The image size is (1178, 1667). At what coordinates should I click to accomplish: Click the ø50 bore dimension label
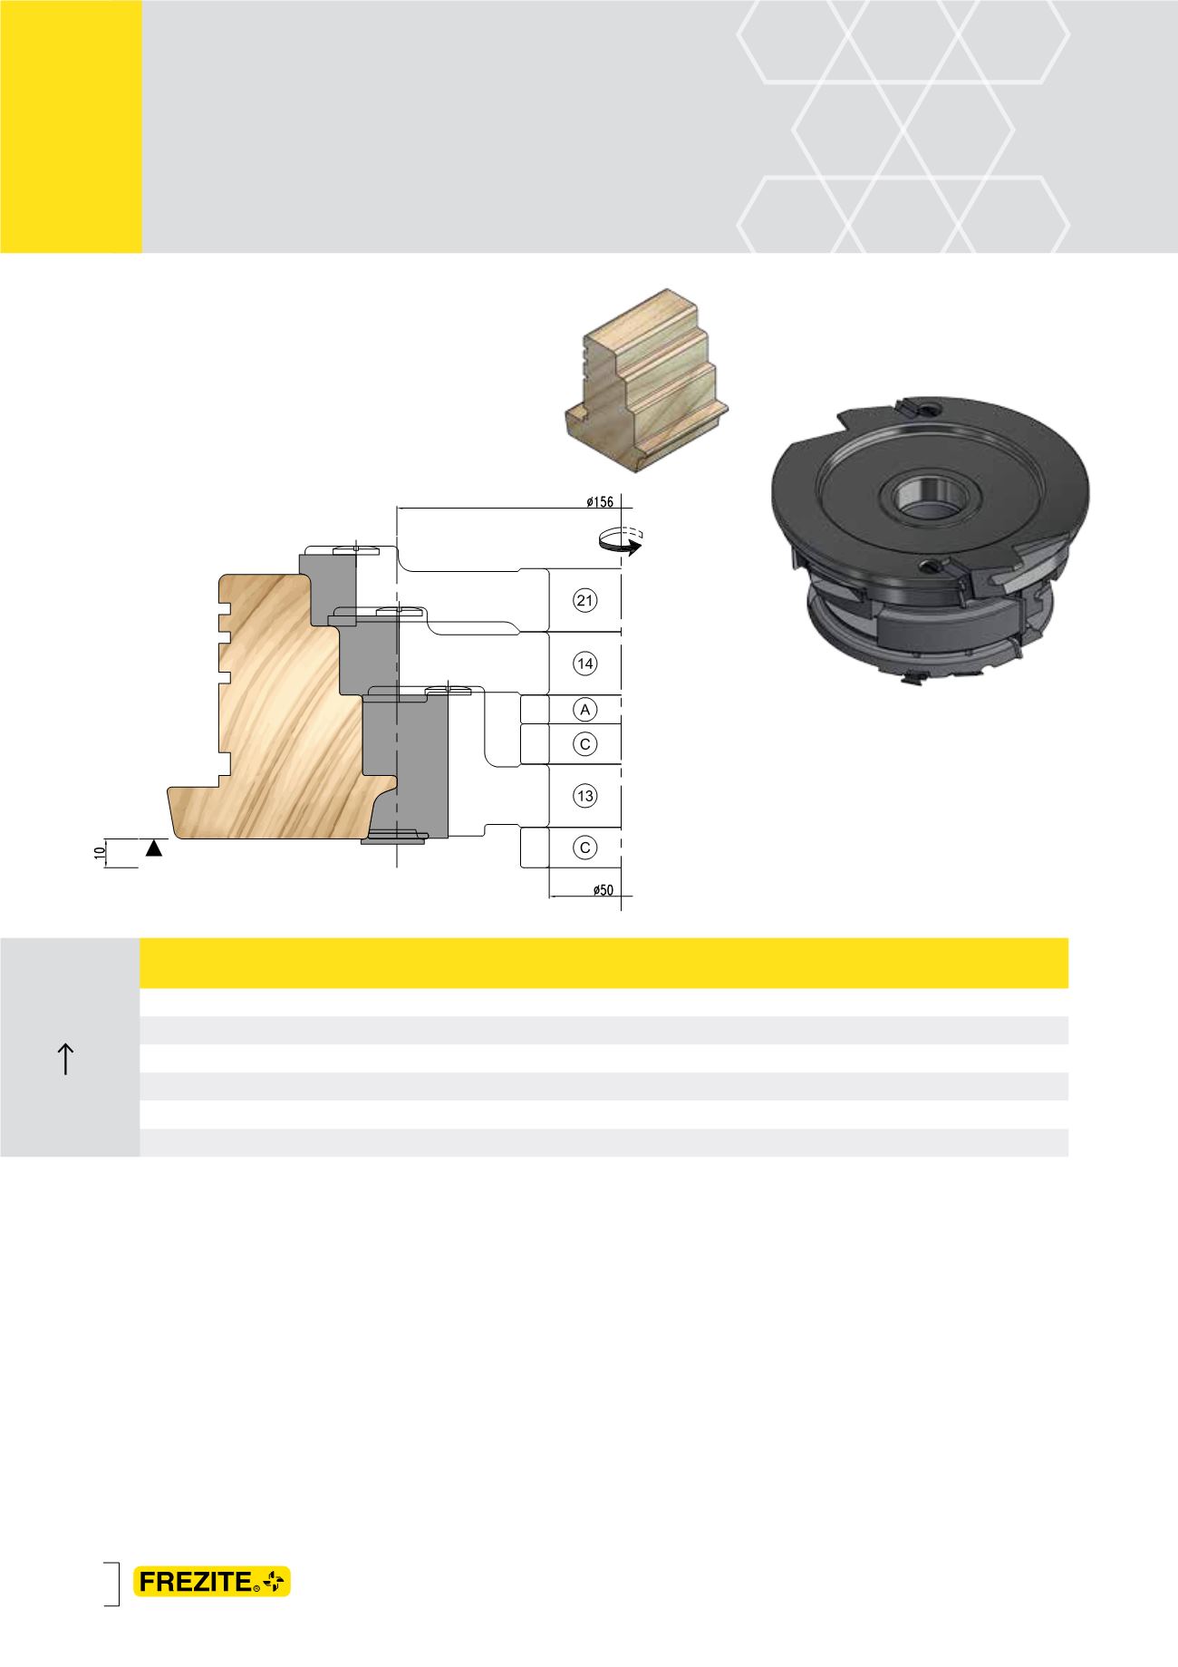click(603, 890)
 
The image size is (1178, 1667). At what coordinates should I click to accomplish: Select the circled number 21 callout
click(585, 600)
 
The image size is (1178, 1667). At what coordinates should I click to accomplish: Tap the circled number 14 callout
click(585, 664)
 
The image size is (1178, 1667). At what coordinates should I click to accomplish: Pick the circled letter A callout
click(585, 709)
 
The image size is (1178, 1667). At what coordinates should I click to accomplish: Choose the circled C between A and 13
click(585, 744)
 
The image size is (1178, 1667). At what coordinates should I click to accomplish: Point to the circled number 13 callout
click(585, 796)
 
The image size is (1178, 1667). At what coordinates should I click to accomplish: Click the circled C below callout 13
click(585, 848)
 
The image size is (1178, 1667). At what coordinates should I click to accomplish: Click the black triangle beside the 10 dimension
click(155, 848)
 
